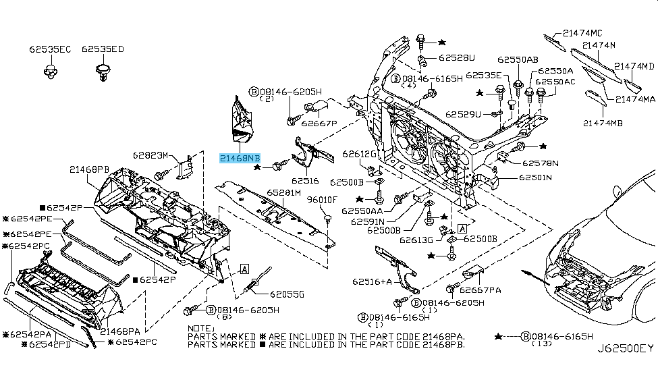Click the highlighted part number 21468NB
click(x=240, y=159)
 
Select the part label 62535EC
click(x=49, y=49)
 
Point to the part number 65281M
click(x=283, y=192)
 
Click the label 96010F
click(x=323, y=200)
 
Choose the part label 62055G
click(x=287, y=294)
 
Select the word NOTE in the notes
click(x=200, y=327)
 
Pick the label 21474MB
click(x=603, y=122)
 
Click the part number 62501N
click(x=535, y=178)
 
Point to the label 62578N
click(x=540, y=163)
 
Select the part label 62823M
click(x=150, y=155)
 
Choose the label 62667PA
click(x=481, y=290)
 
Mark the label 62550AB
click(x=518, y=59)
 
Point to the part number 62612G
click(x=358, y=154)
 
